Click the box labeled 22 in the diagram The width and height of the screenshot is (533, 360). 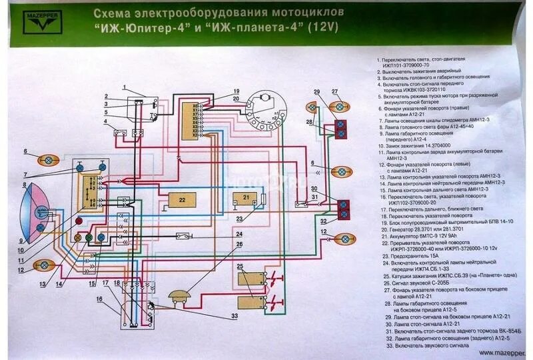(x=181, y=198)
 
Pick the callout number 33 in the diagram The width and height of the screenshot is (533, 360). (x=235, y=315)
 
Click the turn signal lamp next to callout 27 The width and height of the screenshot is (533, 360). (x=340, y=105)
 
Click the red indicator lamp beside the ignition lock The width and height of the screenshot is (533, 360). (x=79, y=220)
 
